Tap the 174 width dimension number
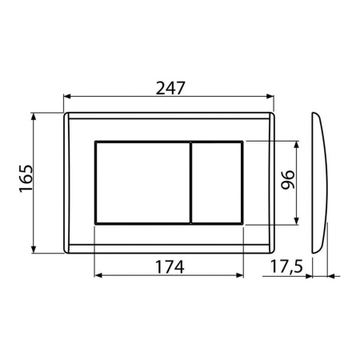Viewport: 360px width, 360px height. click(x=169, y=266)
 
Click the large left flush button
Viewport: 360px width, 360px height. click(x=142, y=181)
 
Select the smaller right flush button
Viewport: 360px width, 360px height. click(x=217, y=181)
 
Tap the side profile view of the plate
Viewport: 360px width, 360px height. click(x=320, y=181)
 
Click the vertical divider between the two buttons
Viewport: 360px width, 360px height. click(x=190, y=181)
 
